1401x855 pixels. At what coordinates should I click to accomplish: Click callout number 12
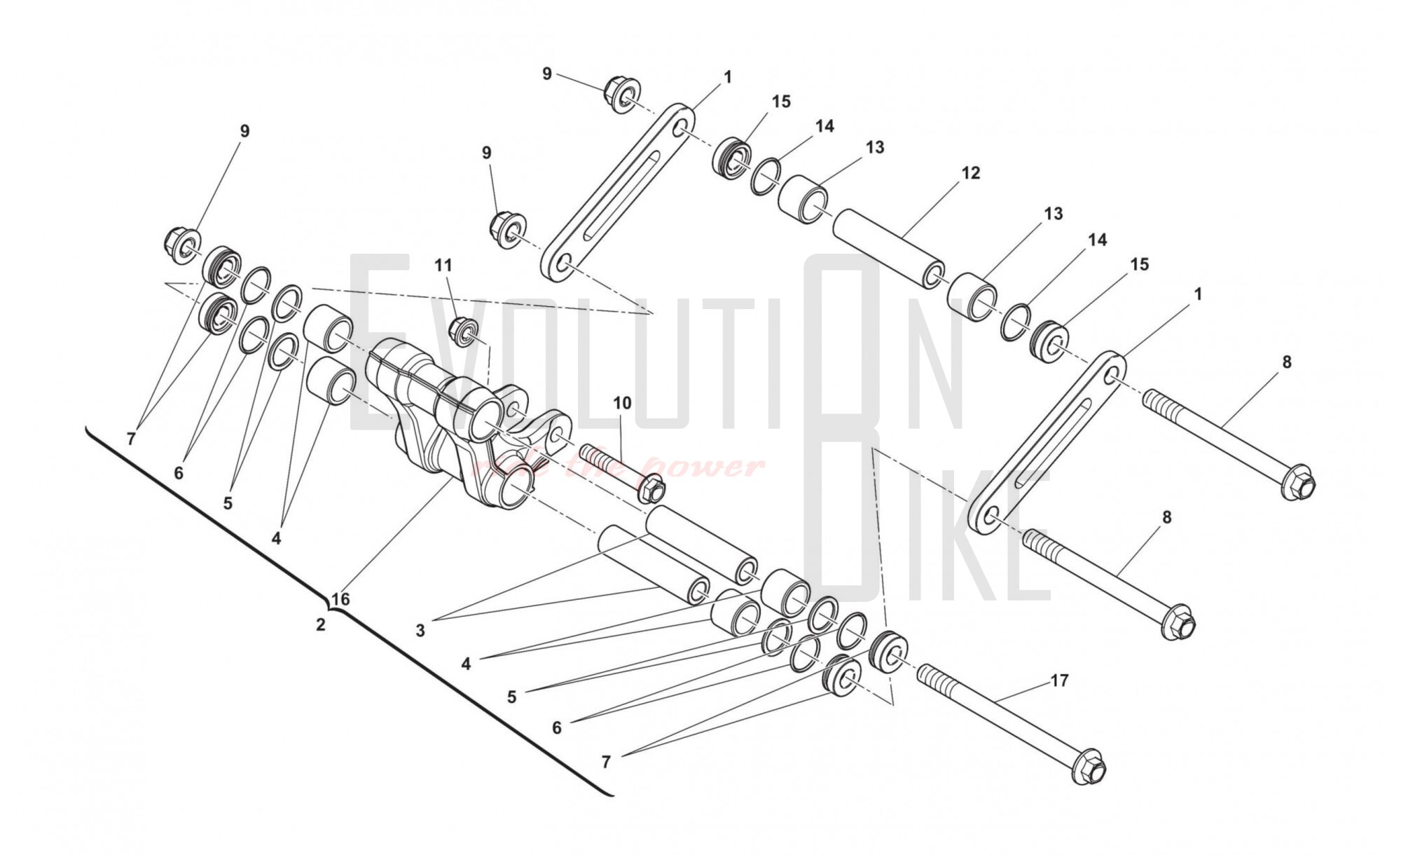(x=970, y=172)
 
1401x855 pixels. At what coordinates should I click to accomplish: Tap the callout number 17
(x=1059, y=680)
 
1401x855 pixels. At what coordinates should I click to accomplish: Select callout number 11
(x=443, y=265)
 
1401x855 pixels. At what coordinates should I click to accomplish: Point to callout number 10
(x=622, y=403)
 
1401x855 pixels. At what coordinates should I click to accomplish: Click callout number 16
(x=340, y=599)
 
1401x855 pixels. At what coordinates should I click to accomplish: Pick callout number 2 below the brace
(x=321, y=624)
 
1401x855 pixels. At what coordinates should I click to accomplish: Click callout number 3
(x=420, y=631)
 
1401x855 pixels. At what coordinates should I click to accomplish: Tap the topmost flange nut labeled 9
(x=621, y=96)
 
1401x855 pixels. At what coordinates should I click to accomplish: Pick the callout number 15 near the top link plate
(x=781, y=102)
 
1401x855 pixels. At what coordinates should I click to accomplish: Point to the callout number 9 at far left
(x=244, y=131)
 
